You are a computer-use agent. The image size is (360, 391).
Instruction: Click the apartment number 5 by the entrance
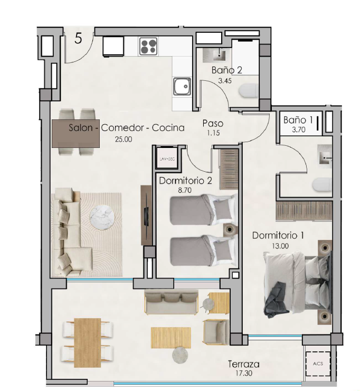pos(78,39)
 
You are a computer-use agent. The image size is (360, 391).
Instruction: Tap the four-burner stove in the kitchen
pos(148,46)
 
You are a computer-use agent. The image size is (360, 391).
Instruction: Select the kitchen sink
pos(182,86)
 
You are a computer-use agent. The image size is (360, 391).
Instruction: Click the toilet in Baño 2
pos(248,91)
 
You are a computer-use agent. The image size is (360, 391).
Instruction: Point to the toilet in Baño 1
pos(322,185)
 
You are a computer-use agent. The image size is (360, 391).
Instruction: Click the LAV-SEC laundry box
pos(167,159)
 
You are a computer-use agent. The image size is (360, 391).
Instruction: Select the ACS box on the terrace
pos(318,364)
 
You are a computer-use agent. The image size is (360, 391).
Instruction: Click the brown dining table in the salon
pos(75,133)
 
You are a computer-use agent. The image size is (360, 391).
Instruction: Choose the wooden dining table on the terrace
pos(88,342)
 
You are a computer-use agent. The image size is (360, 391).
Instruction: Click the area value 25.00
pos(124,139)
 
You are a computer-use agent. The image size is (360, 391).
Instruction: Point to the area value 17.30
pos(244,373)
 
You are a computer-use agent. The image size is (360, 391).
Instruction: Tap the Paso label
pos(213,124)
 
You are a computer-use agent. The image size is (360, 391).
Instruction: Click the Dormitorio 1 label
pos(278,236)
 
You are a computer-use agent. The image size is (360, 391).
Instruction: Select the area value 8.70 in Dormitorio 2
pos(185,190)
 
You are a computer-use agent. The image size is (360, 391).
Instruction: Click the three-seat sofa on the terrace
pos(172,302)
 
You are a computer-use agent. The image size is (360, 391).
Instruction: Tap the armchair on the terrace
pos(216,332)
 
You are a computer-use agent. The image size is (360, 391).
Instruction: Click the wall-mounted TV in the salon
pos(147,215)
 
